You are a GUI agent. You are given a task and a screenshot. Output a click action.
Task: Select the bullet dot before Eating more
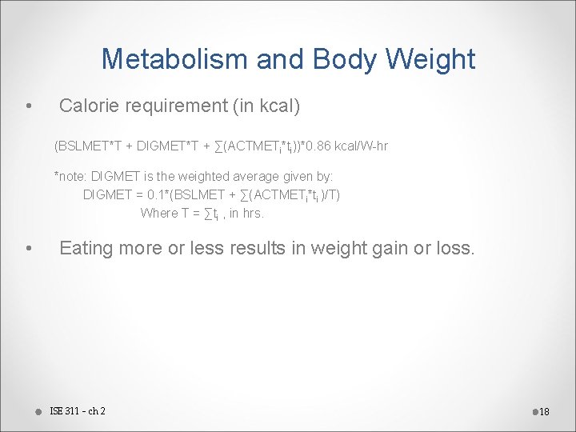[29, 249]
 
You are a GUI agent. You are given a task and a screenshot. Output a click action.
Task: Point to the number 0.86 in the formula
[310, 146]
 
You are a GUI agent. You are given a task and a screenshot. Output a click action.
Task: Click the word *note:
[70, 176]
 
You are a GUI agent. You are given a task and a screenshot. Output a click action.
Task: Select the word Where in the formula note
[158, 213]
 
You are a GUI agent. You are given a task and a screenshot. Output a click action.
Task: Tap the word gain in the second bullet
[389, 248]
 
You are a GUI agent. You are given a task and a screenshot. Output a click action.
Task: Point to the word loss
[456, 248]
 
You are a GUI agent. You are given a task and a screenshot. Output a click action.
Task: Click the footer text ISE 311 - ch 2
[78, 411]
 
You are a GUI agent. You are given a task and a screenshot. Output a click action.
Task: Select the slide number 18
[544, 412]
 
